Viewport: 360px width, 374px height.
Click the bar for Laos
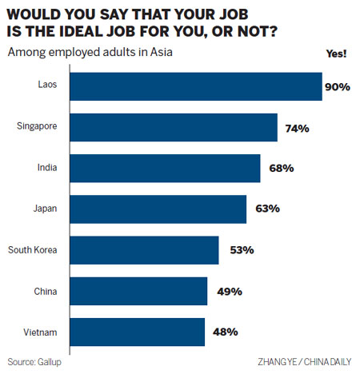point(196,86)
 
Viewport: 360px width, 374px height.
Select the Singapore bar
point(174,127)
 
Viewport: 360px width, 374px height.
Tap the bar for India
point(166,169)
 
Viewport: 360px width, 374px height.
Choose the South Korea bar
point(145,250)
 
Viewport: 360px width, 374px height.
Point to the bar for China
point(139,292)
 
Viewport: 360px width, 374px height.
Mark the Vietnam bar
point(138,332)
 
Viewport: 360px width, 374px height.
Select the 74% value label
point(294,127)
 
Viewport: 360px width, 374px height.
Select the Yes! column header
point(337,53)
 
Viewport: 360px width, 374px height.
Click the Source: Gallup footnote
point(36,361)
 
